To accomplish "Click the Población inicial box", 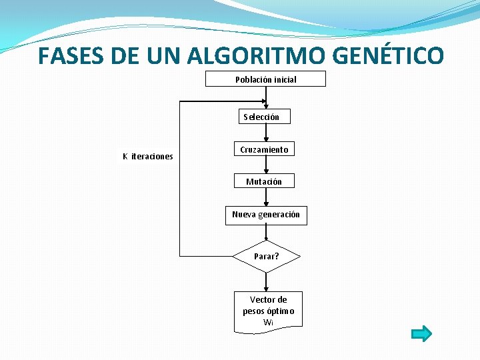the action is pyautogui.click(x=265, y=79).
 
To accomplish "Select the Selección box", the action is pyautogui.click(x=265, y=117).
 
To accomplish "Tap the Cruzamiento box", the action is pyautogui.click(x=264, y=150).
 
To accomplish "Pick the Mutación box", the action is pyautogui.click(x=264, y=181).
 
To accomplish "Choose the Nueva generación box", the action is pyautogui.click(x=266, y=215).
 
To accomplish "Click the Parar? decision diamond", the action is pyautogui.click(x=266, y=256).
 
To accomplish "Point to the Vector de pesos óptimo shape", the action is pyautogui.click(x=268, y=311).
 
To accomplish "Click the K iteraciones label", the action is pyautogui.click(x=147, y=157).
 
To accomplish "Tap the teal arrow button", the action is pyautogui.click(x=421, y=333).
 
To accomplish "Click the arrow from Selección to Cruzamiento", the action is pyautogui.click(x=266, y=133).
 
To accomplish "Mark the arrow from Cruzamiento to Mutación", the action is pyautogui.click(x=266, y=165).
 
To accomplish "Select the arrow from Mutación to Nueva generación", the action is pyautogui.click(x=266, y=197).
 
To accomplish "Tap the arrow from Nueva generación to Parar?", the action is pyautogui.click(x=266, y=232).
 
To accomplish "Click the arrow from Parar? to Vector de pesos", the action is pyautogui.click(x=266, y=281).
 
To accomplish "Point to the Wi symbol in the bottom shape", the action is pyautogui.click(x=268, y=323).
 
